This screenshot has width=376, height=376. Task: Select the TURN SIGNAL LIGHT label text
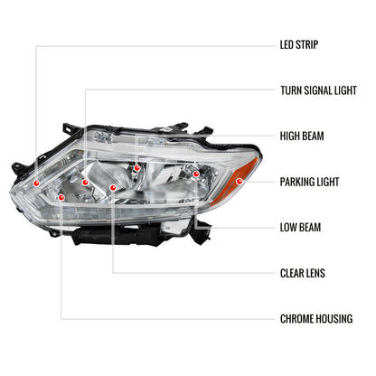(x=323, y=89)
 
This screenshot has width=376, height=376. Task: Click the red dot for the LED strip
(x=36, y=182)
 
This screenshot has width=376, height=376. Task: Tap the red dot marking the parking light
(x=239, y=182)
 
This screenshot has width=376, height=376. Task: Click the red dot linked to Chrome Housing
(x=61, y=196)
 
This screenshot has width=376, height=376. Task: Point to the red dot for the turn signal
(x=86, y=183)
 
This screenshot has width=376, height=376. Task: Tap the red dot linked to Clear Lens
(x=113, y=188)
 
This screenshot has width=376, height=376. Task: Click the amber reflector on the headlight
(x=245, y=171)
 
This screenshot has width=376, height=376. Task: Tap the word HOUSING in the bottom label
(x=339, y=318)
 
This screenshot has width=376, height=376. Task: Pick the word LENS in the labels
(x=322, y=272)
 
